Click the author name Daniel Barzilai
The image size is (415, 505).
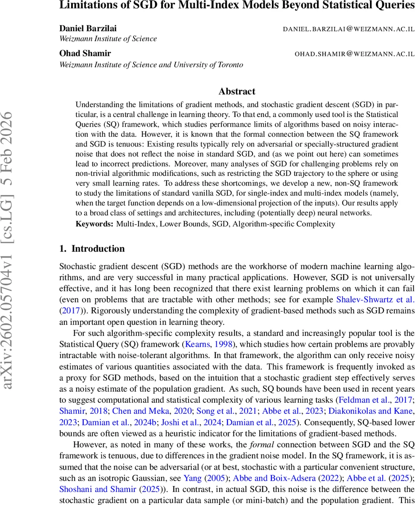(x=88, y=29)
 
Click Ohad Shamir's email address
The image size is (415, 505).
(x=354, y=54)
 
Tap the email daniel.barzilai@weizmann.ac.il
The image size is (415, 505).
(x=348, y=29)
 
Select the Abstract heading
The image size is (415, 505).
(x=237, y=91)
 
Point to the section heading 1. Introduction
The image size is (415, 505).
(x=92, y=249)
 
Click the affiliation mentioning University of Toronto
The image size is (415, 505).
(x=151, y=65)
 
